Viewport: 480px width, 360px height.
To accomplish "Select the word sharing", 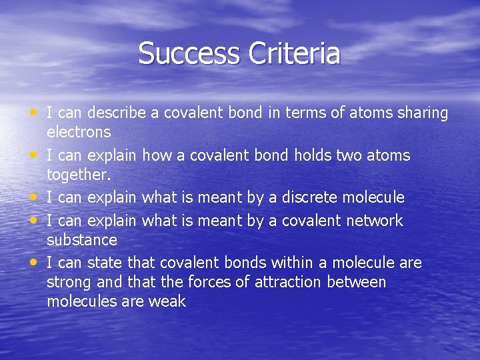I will tap(421, 113).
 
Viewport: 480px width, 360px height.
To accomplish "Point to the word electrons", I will tap(79, 133).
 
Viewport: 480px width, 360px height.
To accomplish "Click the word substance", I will tap(82, 239).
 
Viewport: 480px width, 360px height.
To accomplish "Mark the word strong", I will tap(69, 283).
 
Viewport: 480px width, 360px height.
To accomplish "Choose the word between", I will tap(357, 282).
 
